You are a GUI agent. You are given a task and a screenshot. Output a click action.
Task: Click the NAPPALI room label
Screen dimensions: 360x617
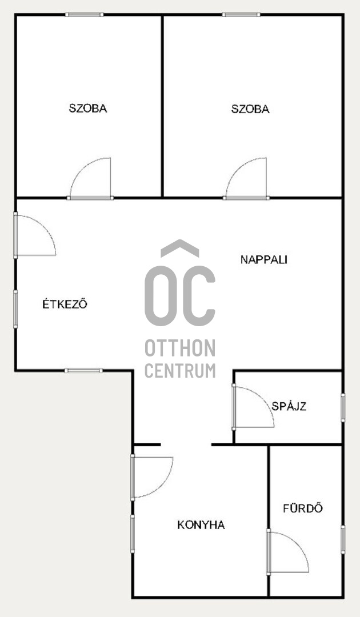263,260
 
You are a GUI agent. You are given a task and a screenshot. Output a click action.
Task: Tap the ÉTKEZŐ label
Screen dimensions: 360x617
65,304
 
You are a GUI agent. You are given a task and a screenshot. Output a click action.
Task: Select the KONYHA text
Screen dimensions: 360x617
201,525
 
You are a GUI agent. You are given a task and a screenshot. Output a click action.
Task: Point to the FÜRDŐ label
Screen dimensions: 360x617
302,508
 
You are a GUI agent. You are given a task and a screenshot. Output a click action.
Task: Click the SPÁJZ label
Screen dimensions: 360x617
289,406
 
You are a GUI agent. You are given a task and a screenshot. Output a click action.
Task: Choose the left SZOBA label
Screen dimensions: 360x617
88,108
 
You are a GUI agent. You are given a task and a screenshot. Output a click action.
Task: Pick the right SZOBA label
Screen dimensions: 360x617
250,109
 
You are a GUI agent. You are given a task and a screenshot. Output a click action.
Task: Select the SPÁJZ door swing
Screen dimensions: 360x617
253,407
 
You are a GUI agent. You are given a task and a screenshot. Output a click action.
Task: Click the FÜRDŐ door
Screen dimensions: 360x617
287,552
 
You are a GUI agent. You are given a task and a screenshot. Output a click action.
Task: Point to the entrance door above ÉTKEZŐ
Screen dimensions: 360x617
35,235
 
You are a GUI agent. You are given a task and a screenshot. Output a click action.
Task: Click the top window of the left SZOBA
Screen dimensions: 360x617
84,14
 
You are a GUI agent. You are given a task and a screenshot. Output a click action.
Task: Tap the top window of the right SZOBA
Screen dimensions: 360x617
241,14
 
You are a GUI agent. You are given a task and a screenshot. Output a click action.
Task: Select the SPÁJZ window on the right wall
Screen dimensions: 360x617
343,408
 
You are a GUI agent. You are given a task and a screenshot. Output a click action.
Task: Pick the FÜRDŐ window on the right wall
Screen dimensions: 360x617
343,539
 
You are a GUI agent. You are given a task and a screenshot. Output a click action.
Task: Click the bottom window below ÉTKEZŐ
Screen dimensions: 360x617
83,370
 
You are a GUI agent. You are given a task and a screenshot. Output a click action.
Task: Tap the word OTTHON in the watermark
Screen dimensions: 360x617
180,348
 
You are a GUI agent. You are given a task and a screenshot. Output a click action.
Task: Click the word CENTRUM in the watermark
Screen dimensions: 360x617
180,370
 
